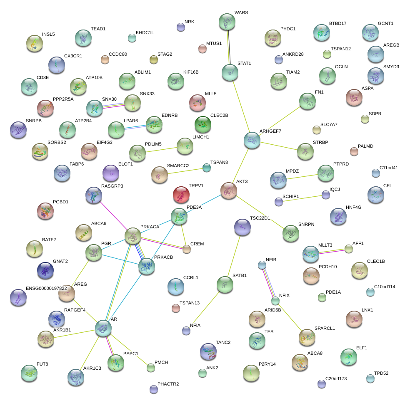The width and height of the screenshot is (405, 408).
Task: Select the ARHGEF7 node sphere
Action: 252,141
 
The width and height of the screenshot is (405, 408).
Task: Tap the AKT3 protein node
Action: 228,190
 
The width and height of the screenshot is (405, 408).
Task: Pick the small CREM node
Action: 187,249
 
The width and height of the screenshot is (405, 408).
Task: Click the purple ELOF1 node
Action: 110,173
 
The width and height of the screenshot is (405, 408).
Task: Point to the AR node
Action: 103,328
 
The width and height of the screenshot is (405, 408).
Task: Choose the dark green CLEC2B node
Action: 203,124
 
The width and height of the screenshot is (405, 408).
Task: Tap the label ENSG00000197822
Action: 46,288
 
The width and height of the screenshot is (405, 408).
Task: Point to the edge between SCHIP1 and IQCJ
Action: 302,198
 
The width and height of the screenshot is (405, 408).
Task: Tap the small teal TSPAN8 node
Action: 206,168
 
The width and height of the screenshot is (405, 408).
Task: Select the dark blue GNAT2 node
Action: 45,270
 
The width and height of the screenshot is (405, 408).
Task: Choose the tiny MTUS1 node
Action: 202,49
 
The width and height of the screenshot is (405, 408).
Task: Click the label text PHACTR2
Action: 168,384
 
